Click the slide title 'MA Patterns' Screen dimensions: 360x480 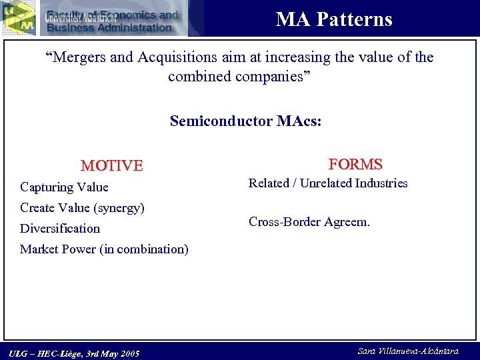(334, 19)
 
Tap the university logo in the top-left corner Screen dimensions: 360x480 (19, 17)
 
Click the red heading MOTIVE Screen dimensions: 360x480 (111, 165)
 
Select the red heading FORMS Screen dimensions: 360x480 (355, 164)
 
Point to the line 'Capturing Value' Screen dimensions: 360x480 (64, 187)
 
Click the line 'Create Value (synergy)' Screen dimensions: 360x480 (82, 207)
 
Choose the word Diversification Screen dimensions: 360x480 (60, 228)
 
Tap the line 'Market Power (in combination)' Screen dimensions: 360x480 (104, 249)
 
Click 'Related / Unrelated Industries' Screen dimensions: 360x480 (328, 183)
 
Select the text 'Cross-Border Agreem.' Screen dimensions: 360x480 (309, 221)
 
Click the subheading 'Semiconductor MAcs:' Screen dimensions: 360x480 (245, 121)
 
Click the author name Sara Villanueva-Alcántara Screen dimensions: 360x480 (408, 351)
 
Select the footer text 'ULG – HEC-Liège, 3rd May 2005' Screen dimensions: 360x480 (75, 353)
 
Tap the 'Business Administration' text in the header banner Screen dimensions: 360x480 (109, 27)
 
